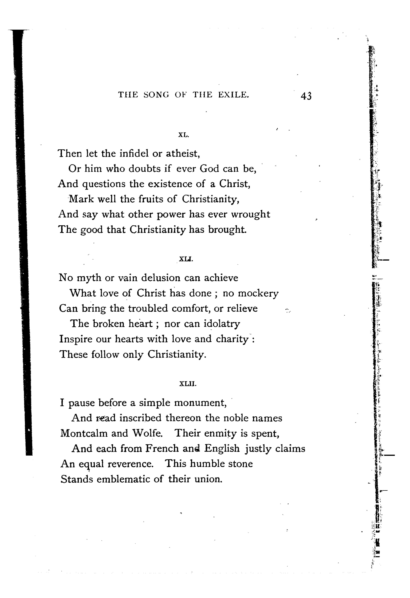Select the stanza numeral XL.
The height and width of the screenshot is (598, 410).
tap(184, 135)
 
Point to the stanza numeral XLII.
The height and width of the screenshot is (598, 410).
tap(188, 384)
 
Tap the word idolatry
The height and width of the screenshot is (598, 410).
tap(222, 324)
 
